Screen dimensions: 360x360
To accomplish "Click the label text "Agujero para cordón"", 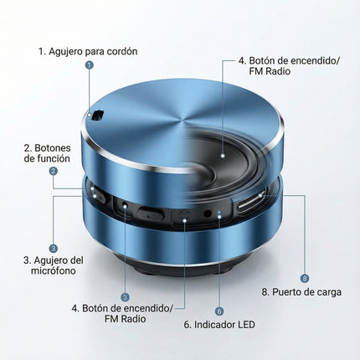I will click(x=88, y=51).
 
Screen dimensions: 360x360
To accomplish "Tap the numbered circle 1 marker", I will click(x=90, y=64).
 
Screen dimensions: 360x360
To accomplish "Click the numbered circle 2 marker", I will click(x=54, y=171).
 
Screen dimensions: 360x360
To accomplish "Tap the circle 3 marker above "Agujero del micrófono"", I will click(x=54, y=248).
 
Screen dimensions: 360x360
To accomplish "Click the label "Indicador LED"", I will click(x=220, y=324).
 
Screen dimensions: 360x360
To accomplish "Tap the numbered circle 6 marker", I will click(x=219, y=310).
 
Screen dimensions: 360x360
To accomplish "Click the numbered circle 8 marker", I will click(x=304, y=277).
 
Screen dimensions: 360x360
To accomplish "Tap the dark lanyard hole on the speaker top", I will click(x=97, y=115).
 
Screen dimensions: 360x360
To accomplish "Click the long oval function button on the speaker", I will click(x=152, y=213).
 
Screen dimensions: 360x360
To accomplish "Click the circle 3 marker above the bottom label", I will click(x=125, y=296).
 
